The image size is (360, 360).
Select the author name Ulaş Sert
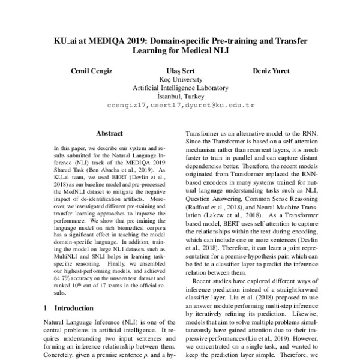pyautogui.click(x=180, y=71)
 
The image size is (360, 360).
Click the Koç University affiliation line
pyautogui.click(x=180, y=79)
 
